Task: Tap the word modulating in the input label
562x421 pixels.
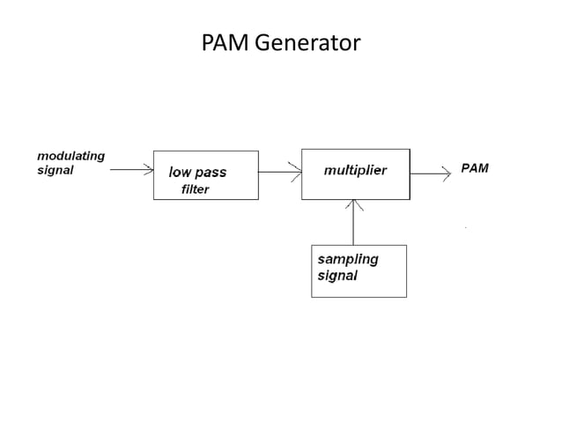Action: pyautogui.click(x=70, y=156)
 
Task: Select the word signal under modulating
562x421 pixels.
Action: pyautogui.click(x=55, y=171)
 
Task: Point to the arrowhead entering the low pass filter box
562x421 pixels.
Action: pyautogui.click(x=149, y=173)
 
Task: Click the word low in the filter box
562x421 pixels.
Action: pyautogui.click(x=180, y=173)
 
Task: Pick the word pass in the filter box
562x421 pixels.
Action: pyautogui.click(x=211, y=174)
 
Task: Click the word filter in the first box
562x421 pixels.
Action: pyautogui.click(x=195, y=190)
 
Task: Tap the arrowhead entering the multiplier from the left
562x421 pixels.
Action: pyautogui.click(x=297, y=173)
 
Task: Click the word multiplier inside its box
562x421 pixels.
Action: pyautogui.click(x=355, y=168)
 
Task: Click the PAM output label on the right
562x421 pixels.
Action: pyautogui.click(x=475, y=168)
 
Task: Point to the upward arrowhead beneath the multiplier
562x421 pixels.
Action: pyautogui.click(x=354, y=204)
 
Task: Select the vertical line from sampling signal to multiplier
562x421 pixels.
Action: pyautogui.click(x=354, y=225)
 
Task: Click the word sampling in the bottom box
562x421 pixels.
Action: pyautogui.click(x=347, y=259)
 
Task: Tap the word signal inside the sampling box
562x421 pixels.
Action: pyautogui.click(x=337, y=276)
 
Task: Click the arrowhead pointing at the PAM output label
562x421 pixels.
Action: pyautogui.click(x=446, y=174)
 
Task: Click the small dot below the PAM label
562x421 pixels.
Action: pyautogui.click(x=465, y=228)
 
